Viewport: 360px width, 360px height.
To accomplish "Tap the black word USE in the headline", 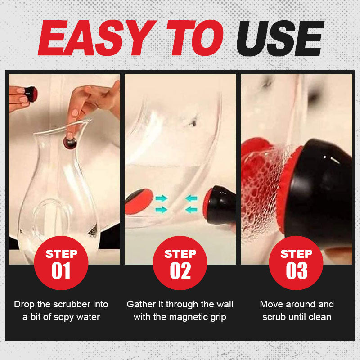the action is (x=280, y=38).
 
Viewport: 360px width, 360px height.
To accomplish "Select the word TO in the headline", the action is (x=195, y=38).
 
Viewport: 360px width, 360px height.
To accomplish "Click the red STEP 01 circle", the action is (x=61, y=263).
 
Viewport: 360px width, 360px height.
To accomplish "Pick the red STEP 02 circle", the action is (x=180, y=263).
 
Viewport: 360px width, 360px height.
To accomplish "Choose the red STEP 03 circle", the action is (x=296, y=263).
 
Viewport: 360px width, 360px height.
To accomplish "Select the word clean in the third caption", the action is (x=320, y=317).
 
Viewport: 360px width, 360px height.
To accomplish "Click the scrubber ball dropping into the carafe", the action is (x=70, y=143).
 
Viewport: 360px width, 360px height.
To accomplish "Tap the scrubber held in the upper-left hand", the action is (x=30, y=94).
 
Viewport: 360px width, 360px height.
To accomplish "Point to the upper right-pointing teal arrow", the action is (x=162, y=198).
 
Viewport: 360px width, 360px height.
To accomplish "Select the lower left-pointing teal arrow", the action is (x=191, y=209).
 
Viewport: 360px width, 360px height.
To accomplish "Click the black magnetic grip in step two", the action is (x=220, y=205).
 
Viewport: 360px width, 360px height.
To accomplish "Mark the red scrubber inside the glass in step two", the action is (x=139, y=201).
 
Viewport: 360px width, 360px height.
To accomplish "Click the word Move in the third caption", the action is (x=270, y=304).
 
